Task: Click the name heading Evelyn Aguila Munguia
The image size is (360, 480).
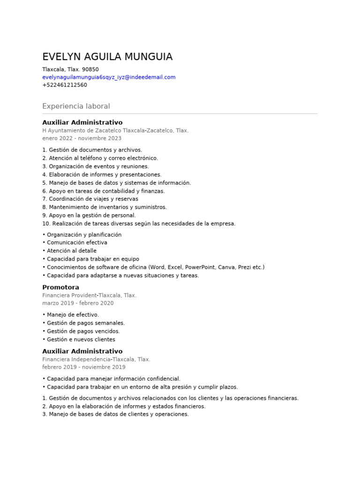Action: pyautogui.click(x=107, y=57)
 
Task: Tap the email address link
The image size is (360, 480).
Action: pyautogui.click(x=109, y=77)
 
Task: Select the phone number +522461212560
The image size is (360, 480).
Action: pyautogui.click(x=65, y=85)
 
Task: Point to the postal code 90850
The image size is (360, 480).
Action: pyautogui.click(x=90, y=69)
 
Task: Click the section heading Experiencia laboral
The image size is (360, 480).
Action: pyautogui.click(x=76, y=106)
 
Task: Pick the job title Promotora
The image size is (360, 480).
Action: pyautogui.click(x=60, y=287)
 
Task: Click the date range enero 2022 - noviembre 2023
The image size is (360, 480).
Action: pyautogui.click(x=82, y=138)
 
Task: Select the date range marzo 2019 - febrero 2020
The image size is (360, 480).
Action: pyautogui.click(x=78, y=303)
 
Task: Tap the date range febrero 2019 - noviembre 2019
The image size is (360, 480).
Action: pyautogui.click(x=84, y=367)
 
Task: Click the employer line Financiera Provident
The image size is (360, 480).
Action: pyautogui.click(x=89, y=295)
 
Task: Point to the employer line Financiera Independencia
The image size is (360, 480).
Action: pyautogui.click(x=96, y=359)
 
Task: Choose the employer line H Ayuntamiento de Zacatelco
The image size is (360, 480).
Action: pyautogui.click(x=115, y=130)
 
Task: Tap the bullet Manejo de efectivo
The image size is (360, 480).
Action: pyautogui.click(x=73, y=315)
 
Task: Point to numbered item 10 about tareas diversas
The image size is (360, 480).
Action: pyautogui.click(x=139, y=224)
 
